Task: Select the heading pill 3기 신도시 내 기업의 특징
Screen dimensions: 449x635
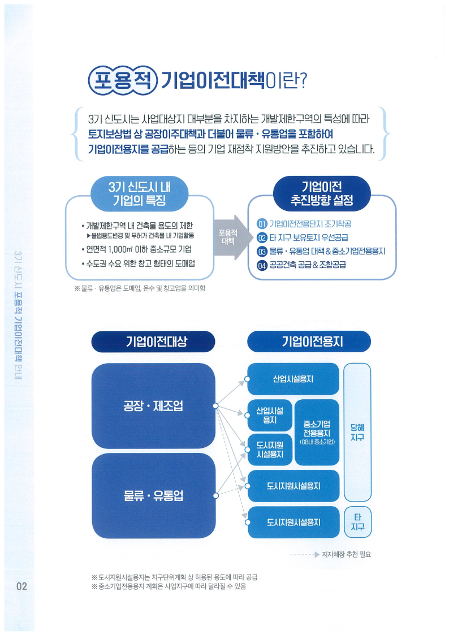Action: (139, 193)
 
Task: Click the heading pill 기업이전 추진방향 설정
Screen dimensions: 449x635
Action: (321, 193)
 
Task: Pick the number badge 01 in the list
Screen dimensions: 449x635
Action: (261, 224)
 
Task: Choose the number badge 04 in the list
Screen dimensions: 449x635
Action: (261, 265)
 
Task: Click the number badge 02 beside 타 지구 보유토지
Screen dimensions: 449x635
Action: (261, 237)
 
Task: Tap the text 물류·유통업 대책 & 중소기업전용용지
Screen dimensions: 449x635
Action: (327, 251)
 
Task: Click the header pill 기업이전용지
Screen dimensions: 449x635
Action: (309, 341)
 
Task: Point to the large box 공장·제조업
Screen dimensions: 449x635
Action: (153, 405)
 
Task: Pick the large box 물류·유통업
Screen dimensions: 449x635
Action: (153, 496)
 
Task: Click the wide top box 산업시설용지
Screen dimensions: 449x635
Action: (293, 379)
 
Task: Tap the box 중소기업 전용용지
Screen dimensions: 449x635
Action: (317, 432)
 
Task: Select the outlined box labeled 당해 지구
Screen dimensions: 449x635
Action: (357, 433)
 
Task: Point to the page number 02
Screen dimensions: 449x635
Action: (21, 586)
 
